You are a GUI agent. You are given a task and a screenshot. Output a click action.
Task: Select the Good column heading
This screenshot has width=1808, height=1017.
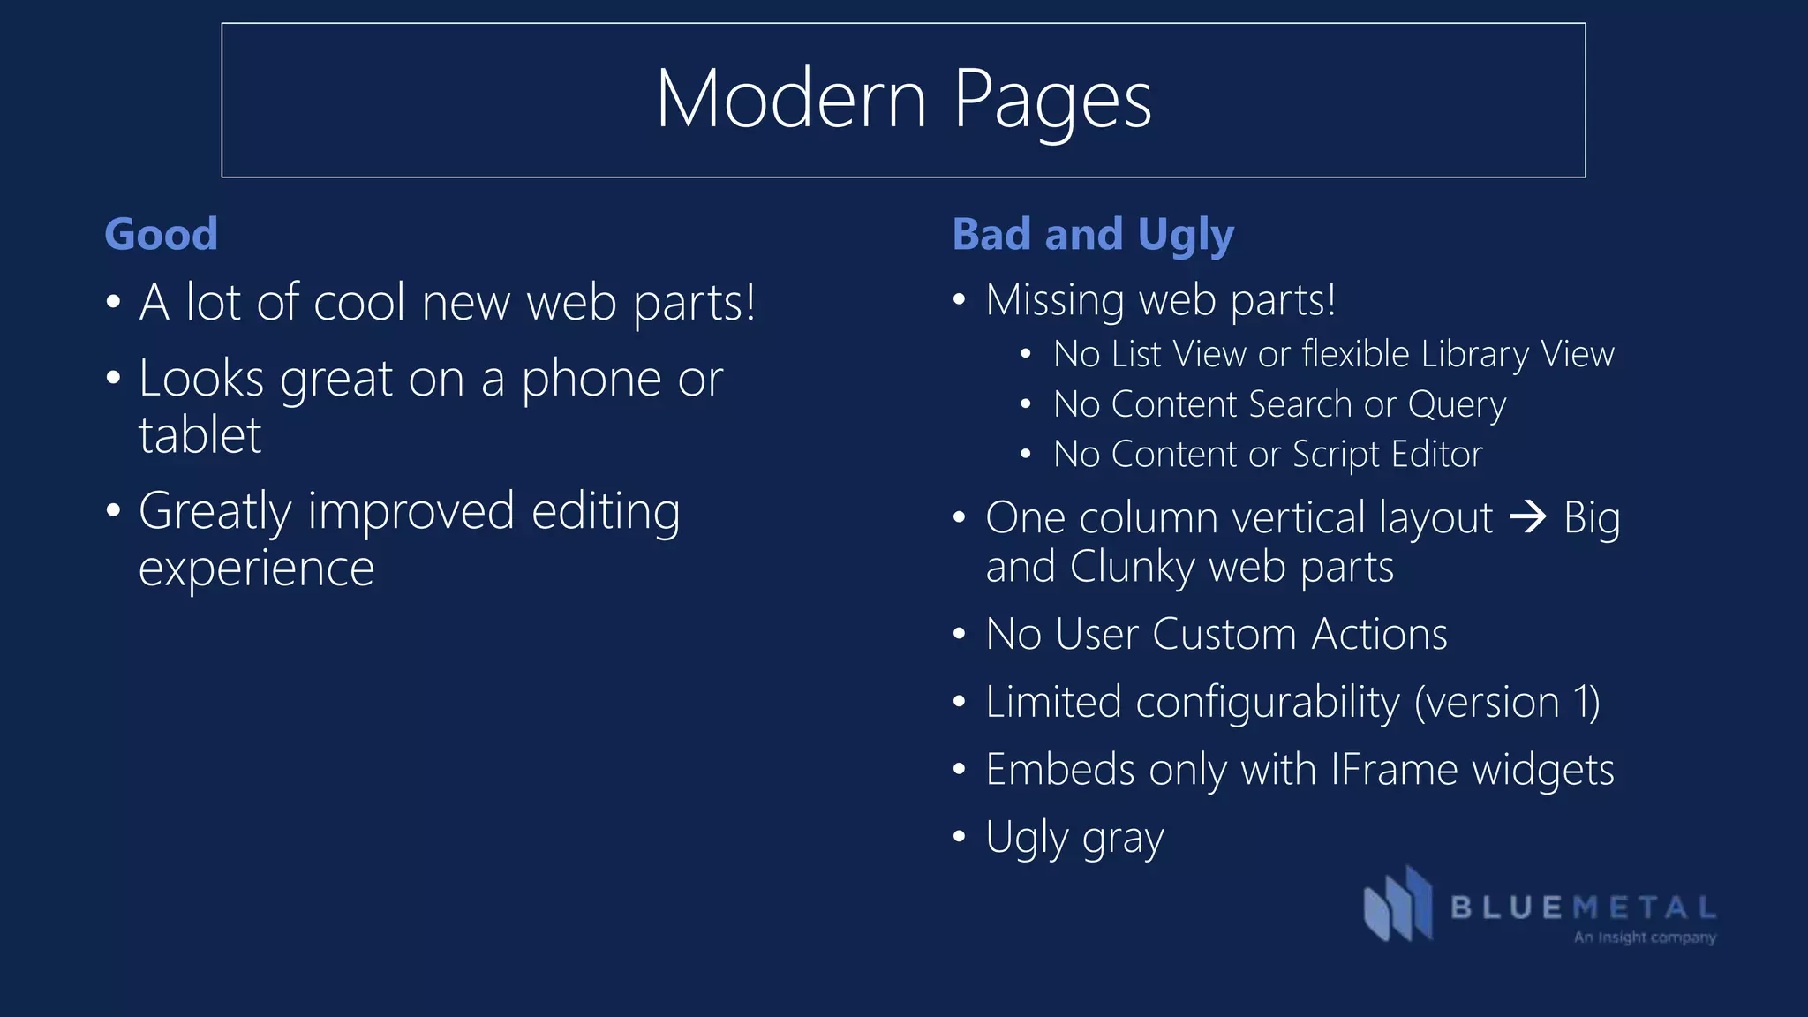[x=161, y=234]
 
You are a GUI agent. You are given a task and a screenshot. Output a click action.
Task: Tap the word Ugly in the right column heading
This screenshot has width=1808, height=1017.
[x=1186, y=236]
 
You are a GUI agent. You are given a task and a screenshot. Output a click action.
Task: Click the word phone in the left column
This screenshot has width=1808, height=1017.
[x=591, y=380]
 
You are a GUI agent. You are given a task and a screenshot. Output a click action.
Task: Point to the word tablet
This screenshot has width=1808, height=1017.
[x=200, y=435]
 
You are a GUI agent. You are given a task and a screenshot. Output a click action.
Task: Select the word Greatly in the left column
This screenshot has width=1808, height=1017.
[x=215, y=513]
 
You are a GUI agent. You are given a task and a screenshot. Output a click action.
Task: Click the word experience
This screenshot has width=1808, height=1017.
[x=257, y=568]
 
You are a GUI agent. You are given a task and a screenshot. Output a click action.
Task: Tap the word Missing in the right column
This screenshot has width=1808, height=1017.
[x=1055, y=301]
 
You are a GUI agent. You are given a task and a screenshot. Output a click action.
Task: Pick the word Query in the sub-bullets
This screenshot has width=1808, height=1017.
[x=1457, y=405]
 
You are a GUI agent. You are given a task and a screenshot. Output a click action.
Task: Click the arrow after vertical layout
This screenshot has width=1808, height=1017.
[x=1528, y=516]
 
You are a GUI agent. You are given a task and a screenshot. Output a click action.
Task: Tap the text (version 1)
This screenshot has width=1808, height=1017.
[x=1507, y=703]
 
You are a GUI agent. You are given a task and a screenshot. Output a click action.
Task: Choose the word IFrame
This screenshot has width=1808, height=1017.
[x=1393, y=769]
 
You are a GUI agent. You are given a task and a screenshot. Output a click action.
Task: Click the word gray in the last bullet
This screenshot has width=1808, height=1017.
[x=1123, y=839]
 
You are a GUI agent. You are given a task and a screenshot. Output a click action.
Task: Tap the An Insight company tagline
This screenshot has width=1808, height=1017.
[x=1645, y=937]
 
